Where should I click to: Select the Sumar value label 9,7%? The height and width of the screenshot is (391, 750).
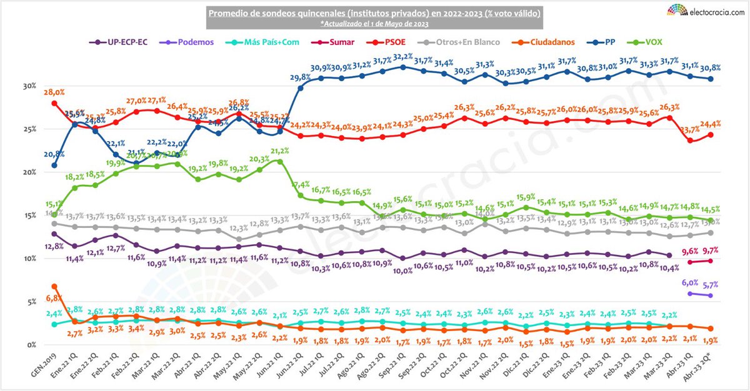(x=710, y=250)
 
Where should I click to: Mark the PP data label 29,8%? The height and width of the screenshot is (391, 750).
(x=301, y=77)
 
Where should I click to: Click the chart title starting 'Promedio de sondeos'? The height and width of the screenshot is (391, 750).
(x=374, y=13)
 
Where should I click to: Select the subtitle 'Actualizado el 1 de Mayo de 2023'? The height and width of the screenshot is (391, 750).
(x=374, y=23)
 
